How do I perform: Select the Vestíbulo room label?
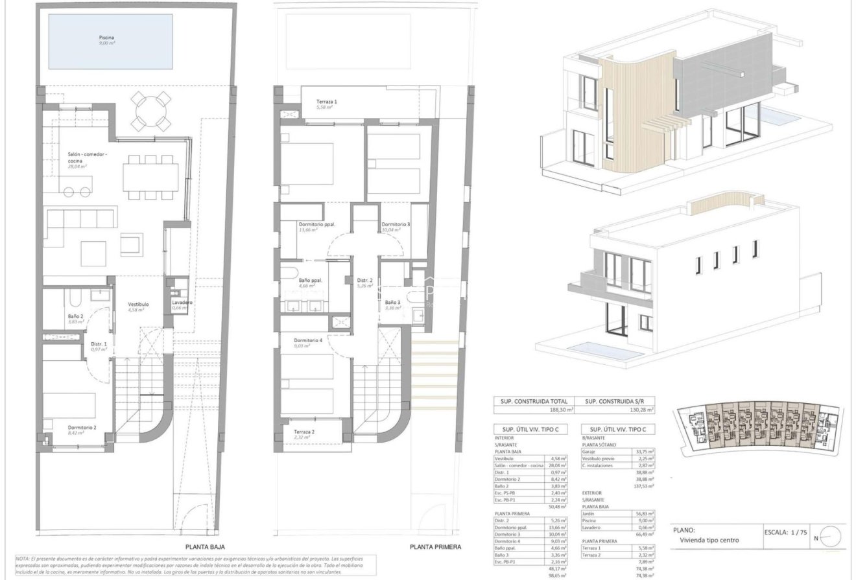[138, 304]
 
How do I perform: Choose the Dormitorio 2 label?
[82, 428]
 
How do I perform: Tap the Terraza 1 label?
[326, 102]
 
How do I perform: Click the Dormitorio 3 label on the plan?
[395, 224]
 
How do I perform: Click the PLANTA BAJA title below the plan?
[205, 547]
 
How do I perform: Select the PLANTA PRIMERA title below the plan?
[435, 547]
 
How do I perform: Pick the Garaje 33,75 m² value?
[644, 452]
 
